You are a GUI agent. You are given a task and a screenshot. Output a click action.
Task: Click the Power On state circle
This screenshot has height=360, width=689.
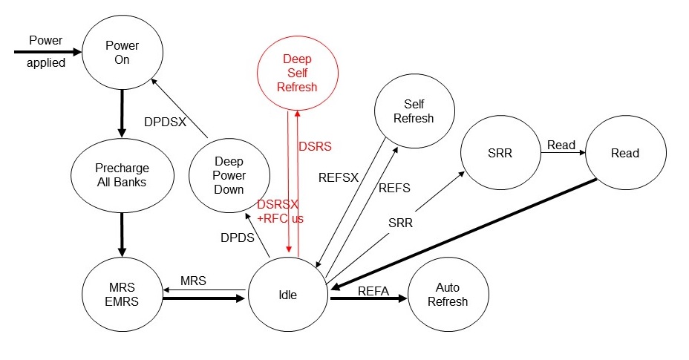pyautogui.click(x=121, y=53)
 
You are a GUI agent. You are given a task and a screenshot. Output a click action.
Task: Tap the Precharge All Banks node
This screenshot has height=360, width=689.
pyautogui.click(x=121, y=174)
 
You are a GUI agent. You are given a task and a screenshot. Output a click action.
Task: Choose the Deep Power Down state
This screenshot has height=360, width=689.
pyautogui.click(x=229, y=175)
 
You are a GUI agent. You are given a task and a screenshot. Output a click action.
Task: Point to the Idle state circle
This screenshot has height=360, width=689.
pyautogui.click(x=287, y=295)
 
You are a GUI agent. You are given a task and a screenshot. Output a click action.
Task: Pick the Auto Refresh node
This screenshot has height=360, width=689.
pyautogui.click(x=448, y=295)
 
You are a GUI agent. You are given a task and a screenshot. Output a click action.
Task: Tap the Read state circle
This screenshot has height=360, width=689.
pyautogui.click(x=624, y=153)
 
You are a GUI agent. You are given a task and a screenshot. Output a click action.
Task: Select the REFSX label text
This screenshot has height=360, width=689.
pyautogui.click(x=339, y=178)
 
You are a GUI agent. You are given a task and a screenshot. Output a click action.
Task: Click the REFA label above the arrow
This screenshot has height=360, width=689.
pyautogui.click(x=373, y=291)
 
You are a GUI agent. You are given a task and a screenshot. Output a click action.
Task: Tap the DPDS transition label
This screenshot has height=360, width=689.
pyautogui.click(x=238, y=238)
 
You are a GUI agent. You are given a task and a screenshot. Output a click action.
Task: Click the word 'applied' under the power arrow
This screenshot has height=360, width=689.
pyautogui.click(x=46, y=63)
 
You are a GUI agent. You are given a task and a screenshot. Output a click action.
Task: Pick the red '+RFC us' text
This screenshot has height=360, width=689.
pyautogui.click(x=281, y=218)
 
